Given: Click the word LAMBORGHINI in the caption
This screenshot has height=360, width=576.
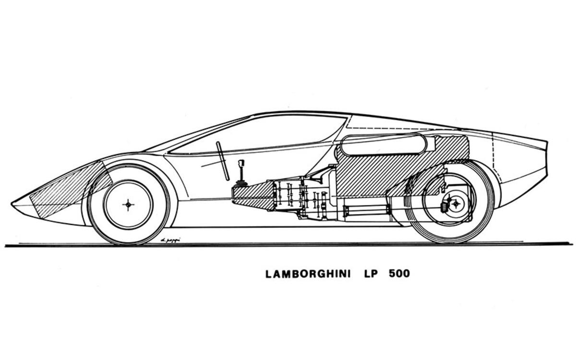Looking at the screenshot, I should click(x=308, y=274).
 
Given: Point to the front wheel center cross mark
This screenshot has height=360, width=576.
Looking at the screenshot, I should click(x=128, y=204).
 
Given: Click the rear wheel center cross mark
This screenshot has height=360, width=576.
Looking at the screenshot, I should click(x=455, y=204).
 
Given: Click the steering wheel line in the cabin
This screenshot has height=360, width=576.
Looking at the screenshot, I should click(x=222, y=161).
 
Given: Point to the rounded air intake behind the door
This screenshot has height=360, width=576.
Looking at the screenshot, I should click(x=383, y=145).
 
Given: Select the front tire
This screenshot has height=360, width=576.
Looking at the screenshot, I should click(x=96, y=226).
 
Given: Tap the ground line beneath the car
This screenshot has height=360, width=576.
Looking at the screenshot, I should click(x=288, y=244).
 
